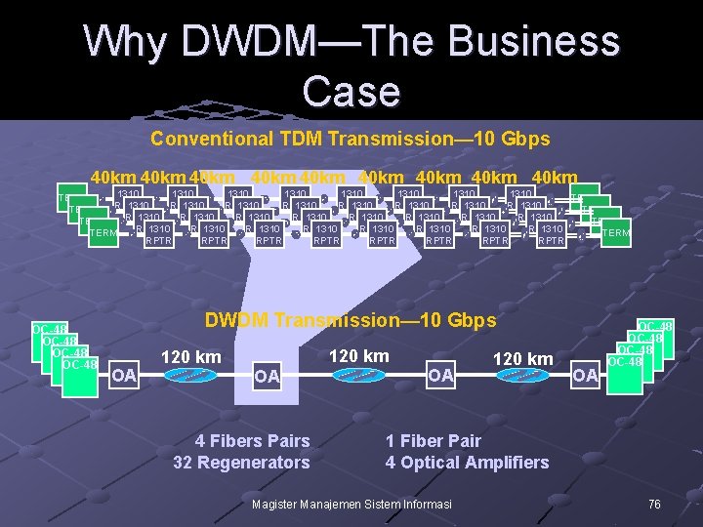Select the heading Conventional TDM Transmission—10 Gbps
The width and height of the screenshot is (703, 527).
point(351,139)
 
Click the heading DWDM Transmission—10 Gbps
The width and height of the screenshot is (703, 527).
point(351,320)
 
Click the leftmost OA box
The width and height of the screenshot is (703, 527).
point(124,375)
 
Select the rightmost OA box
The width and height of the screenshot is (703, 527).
point(585,375)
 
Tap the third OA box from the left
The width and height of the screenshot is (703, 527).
point(440,375)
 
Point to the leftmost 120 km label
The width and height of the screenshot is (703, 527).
point(190,357)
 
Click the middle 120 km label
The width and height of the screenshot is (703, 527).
point(359,355)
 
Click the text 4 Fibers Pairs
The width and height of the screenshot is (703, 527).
point(253,441)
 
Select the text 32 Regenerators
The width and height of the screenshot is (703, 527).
point(241,463)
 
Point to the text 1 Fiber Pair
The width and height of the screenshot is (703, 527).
point(433,441)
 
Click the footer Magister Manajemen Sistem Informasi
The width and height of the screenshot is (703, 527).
point(351,504)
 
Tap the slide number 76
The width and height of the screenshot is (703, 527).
point(654,504)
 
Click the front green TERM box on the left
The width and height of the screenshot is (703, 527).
point(103,232)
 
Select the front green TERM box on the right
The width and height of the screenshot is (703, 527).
point(616,232)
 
